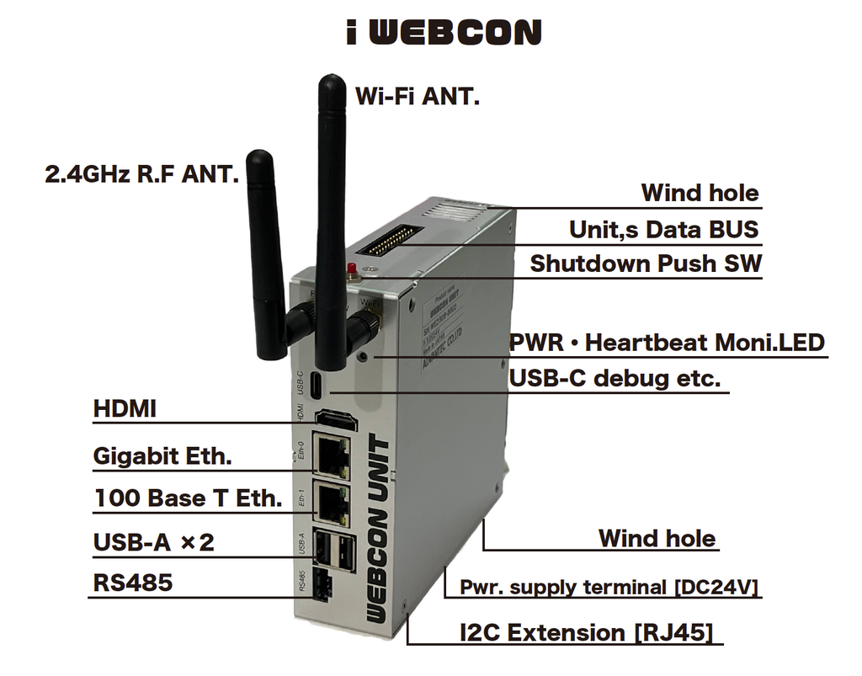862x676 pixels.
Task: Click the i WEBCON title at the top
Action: coord(443,32)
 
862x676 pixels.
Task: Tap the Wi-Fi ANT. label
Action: coord(417,96)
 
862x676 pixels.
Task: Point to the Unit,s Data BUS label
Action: coord(663,229)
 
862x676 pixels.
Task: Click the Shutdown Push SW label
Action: coord(646,263)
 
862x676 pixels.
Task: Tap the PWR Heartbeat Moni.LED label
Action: coord(667,343)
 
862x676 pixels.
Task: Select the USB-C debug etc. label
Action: coord(615,378)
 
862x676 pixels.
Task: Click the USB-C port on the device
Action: coord(314,384)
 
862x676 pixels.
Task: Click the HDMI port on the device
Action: coord(334,420)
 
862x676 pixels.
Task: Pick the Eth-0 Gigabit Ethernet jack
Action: coord(333,455)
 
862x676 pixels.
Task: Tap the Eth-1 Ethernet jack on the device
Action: coord(333,502)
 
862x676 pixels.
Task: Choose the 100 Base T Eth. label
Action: coord(187,498)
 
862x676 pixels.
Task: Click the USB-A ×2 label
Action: coord(153,542)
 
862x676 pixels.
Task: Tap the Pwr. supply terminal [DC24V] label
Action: coord(609,587)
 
